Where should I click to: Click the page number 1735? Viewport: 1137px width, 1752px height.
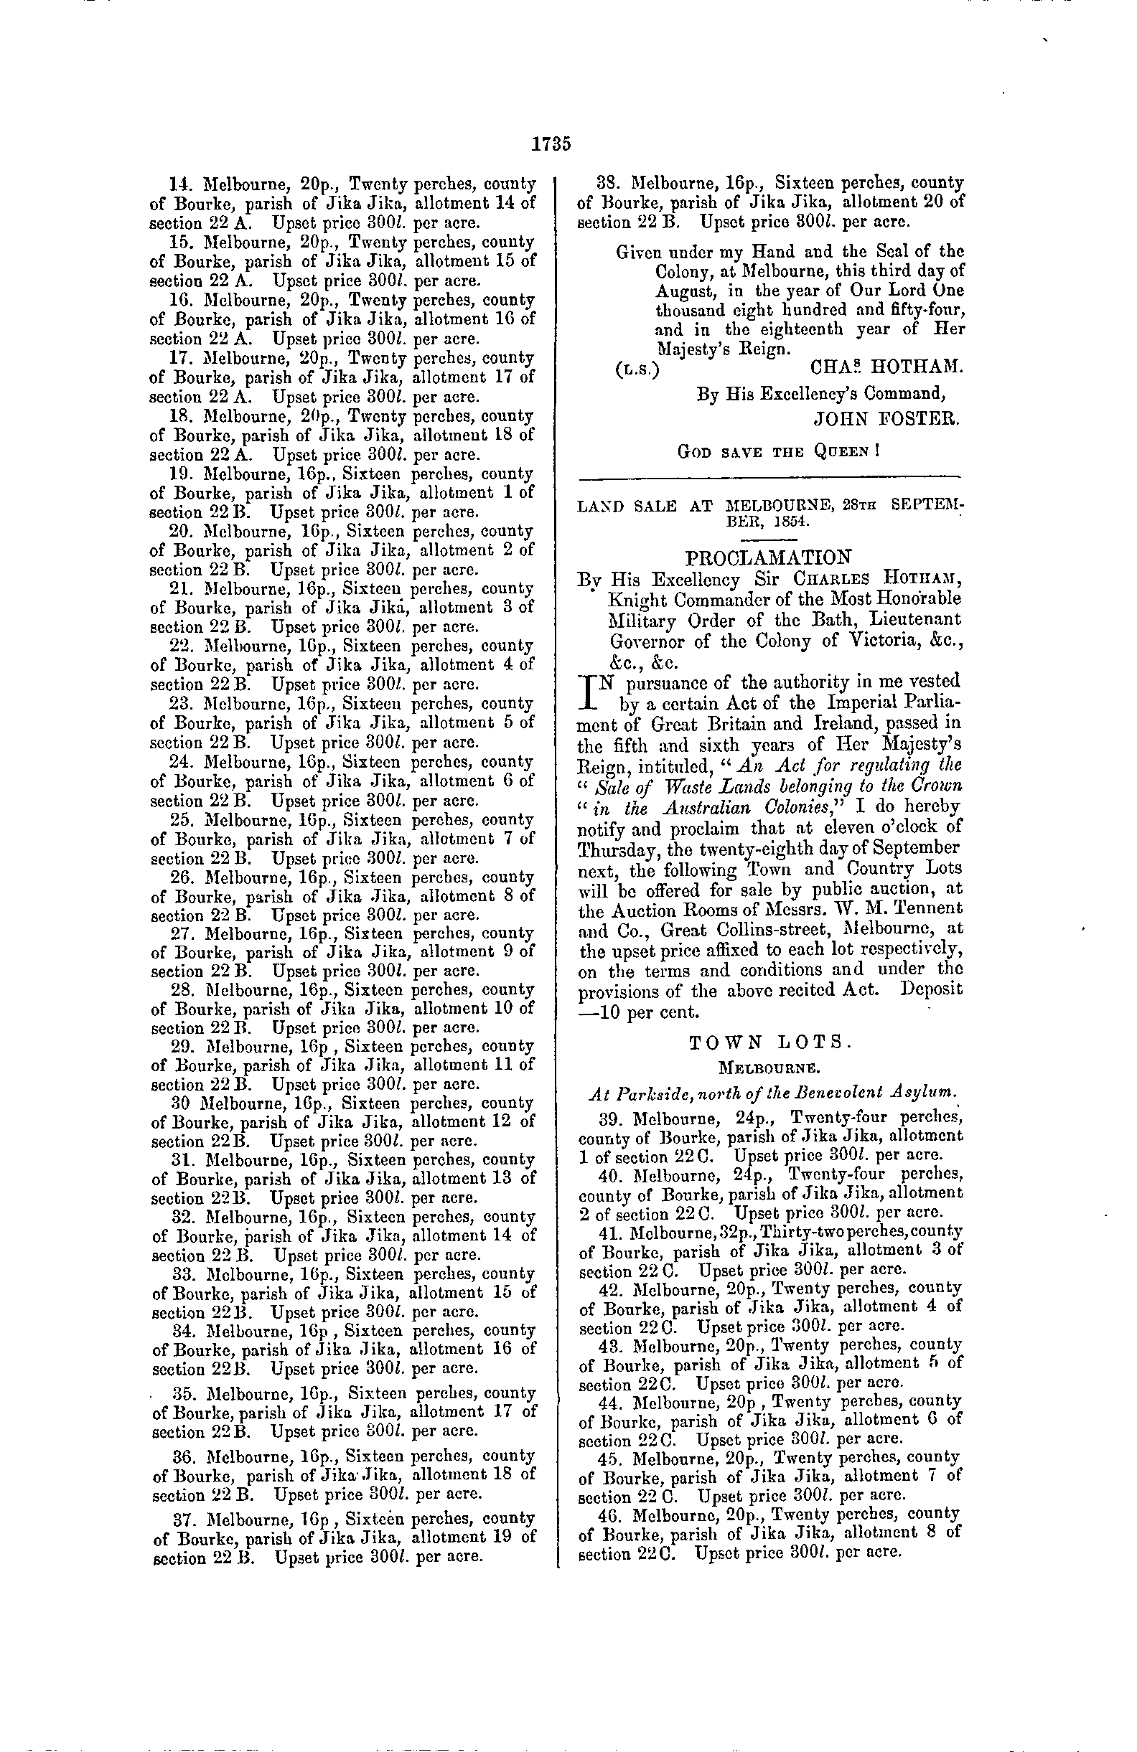coord(551,143)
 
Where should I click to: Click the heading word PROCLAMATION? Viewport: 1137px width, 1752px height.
coord(769,556)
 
